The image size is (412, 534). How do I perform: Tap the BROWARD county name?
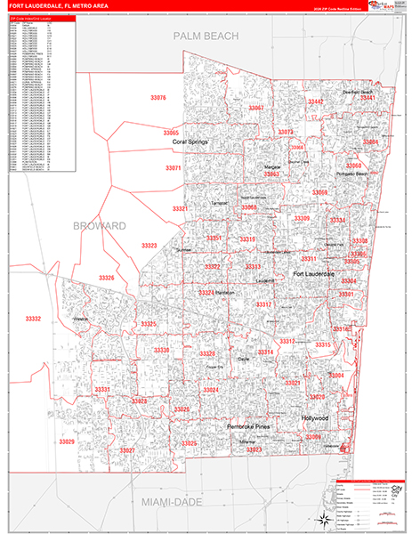pyautogui.click(x=100, y=226)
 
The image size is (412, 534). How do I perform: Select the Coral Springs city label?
pyautogui.click(x=190, y=142)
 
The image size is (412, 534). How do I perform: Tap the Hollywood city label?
pyautogui.click(x=314, y=418)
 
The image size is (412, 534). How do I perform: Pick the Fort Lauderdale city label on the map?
pyautogui.click(x=314, y=274)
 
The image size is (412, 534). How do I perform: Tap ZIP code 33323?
pyautogui.click(x=149, y=246)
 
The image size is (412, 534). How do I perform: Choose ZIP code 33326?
pyautogui.click(x=107, y=279)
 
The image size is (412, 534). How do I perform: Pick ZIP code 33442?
pyautogui.click(x=315, y=102)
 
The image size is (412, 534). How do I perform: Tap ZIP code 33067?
pyautogui.click(x=256, y=108)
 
